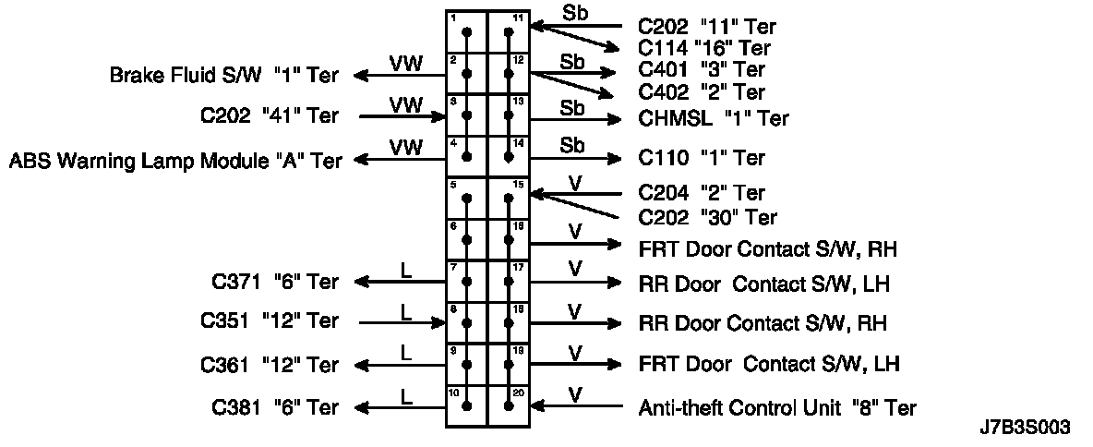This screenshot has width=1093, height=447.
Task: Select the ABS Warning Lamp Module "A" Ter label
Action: [x=174, y=161]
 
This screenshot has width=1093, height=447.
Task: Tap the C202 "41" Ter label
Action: [x=269, y=116]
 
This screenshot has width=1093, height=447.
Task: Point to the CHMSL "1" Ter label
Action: [x=714, y=118]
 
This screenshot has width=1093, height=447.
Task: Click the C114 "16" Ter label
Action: [x=703, y=48]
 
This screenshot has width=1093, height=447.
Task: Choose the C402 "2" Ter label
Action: [x=702, y=92]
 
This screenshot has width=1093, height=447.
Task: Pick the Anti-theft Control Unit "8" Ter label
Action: [x=777, y=407]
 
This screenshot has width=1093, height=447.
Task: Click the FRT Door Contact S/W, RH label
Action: [x=768, y=249]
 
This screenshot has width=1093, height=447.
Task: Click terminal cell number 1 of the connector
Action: [x=467, y=31]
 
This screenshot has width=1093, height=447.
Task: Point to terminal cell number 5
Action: [x=467, y=198]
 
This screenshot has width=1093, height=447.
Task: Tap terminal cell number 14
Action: [x=509, y=156]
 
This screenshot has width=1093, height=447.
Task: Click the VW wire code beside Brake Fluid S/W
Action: [x=406, y=64]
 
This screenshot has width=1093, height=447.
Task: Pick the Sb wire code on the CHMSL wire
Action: [x=572, y=108]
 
